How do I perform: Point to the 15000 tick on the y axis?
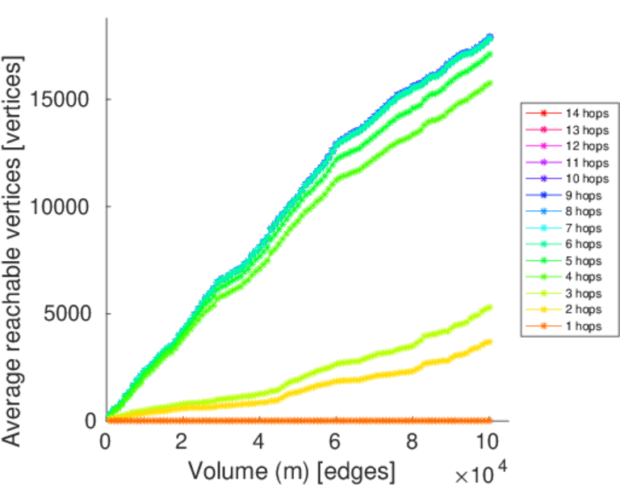click(63, 99)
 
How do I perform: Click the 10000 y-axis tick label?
click(63, 206)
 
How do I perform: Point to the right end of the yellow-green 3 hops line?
click(489, 307)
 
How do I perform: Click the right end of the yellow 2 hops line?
click(489, 342)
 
